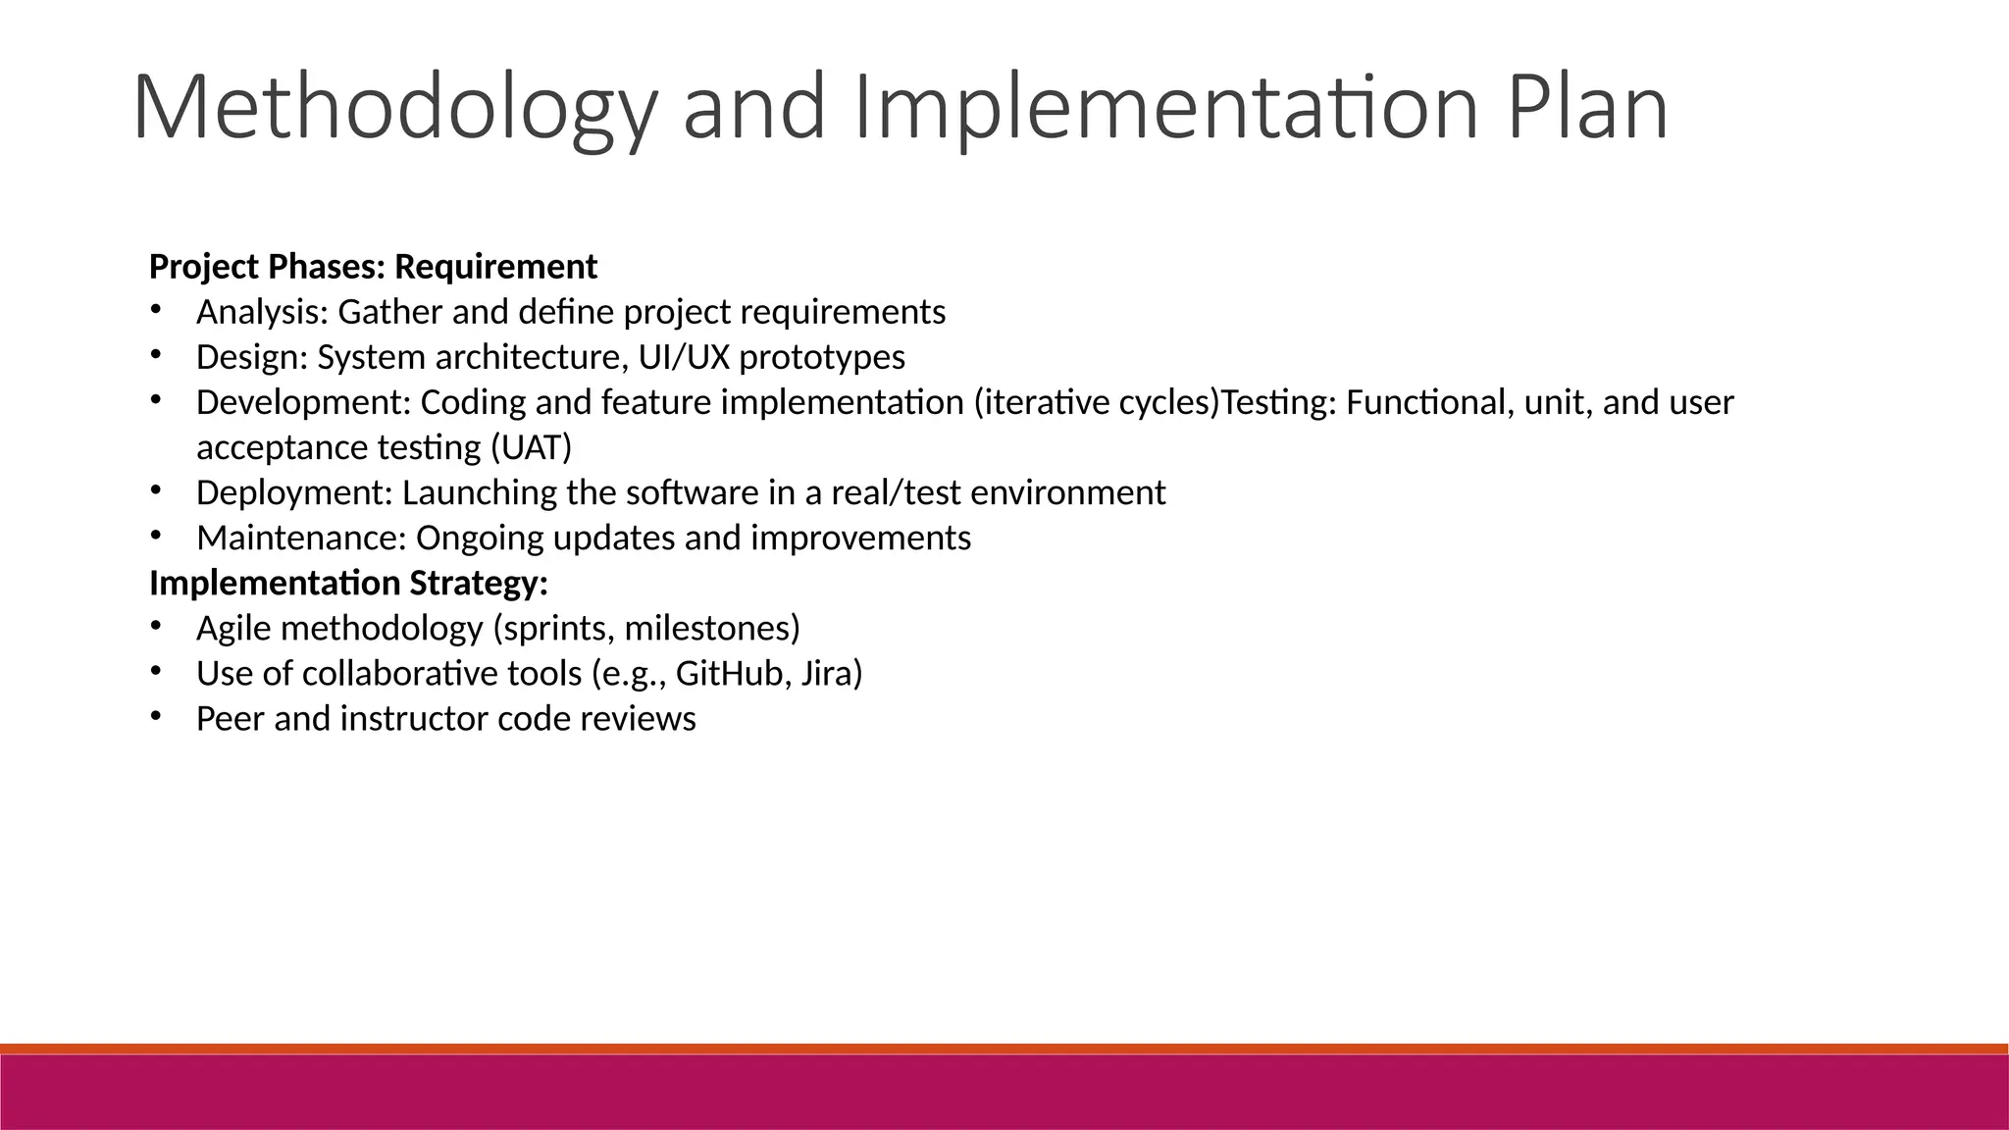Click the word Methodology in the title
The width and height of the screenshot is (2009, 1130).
point(392,108)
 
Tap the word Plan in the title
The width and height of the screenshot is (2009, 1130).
point(1587,108)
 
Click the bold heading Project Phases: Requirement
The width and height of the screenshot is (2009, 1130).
point(373,267)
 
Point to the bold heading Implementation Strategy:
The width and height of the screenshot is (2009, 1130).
point(348,583)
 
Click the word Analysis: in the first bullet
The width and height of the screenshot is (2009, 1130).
point(263,312)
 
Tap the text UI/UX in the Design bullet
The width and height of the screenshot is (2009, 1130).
point(684,357)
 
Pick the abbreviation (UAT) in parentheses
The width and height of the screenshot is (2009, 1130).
point(530,447)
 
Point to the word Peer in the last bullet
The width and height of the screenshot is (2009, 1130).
point(231,718)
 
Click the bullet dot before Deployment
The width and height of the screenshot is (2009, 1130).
point(155,489)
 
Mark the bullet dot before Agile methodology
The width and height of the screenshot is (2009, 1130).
point(155,625)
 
